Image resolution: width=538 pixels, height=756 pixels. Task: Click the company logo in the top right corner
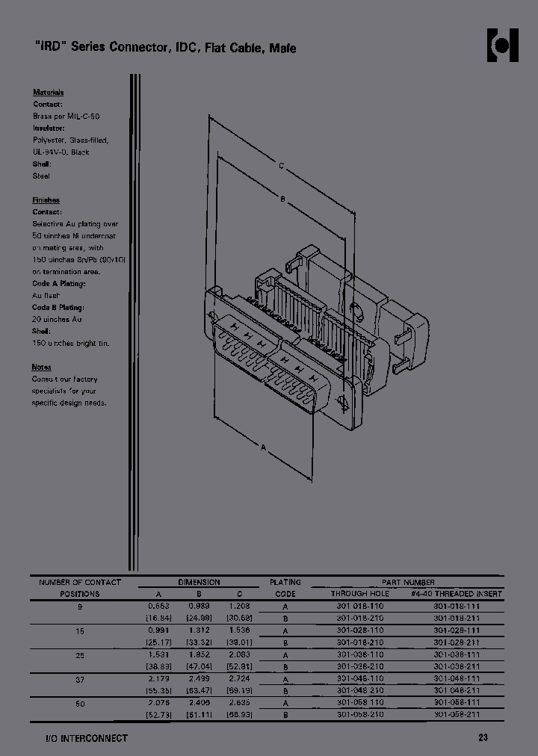pos(503,46)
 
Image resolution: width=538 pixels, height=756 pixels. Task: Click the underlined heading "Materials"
pos(48,93)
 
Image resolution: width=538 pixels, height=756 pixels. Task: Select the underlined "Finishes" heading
pos(46,200)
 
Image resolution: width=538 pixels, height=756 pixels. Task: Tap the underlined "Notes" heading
pos(42,367)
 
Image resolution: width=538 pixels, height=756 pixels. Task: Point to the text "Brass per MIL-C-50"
pos(66,117)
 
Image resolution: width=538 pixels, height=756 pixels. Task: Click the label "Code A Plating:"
pos(59,284)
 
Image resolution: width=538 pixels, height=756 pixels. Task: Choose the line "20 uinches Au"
pos(58,320)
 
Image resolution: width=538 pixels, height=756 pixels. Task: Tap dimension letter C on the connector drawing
pos(281,167)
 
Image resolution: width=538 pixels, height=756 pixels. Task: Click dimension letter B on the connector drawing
pos(282,198)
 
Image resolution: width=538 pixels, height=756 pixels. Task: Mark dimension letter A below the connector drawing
pos(263,447)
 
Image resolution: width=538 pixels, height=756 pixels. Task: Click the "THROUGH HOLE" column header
pos(360,594)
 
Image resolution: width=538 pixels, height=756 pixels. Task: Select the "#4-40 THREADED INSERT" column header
pos(457,594)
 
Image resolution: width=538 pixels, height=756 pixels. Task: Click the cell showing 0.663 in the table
pos(158,607)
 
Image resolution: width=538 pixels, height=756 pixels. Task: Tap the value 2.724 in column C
pos(240,678)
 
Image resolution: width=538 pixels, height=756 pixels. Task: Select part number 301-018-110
pos(359,607)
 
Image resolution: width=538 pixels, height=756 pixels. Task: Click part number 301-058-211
pos(457,714)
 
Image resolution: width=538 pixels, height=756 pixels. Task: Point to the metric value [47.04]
pos(199,666)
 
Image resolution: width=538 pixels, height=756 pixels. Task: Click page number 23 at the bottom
pos(483,738)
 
